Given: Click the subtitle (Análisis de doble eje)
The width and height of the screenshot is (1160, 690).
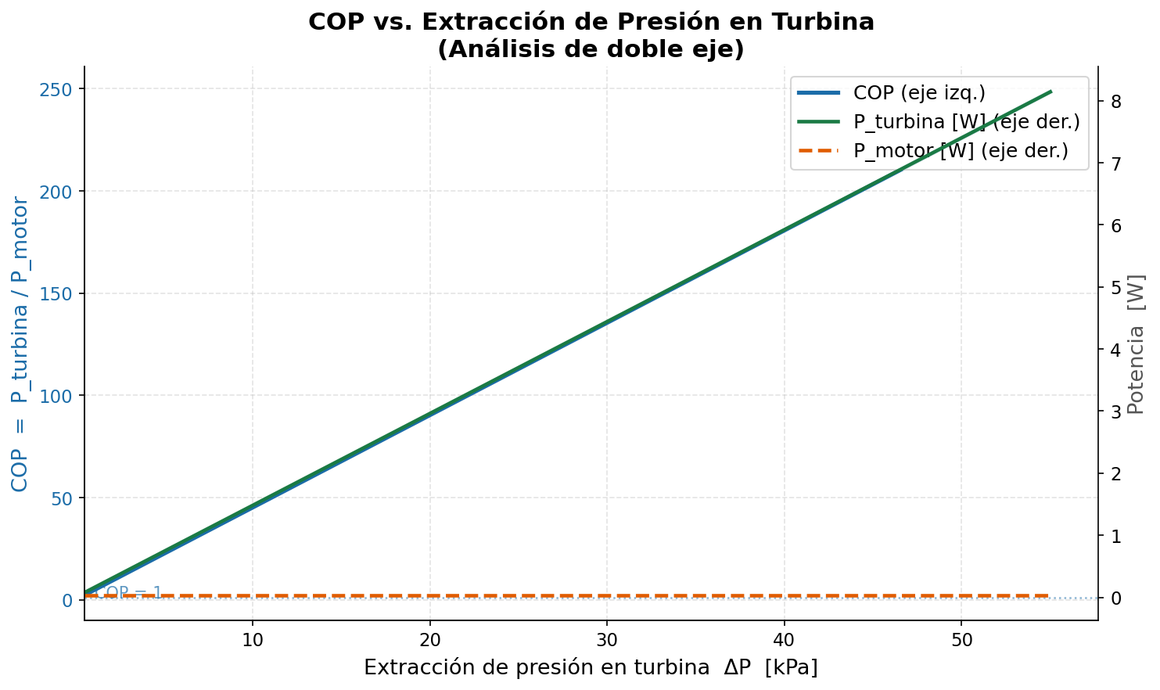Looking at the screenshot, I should point(591,49).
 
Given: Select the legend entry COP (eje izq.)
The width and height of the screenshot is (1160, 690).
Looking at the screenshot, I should point(918,93).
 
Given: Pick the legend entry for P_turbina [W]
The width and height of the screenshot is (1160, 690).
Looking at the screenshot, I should point(966,122).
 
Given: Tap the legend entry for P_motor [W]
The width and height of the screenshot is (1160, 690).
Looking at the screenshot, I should point(960,151).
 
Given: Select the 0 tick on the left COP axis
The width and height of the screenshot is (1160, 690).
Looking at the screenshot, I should point(67,600).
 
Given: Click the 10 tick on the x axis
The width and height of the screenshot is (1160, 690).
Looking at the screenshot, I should point(252,639).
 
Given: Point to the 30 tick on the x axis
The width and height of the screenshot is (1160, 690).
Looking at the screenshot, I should point(606,639).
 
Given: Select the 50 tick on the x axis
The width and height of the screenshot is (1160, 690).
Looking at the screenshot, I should point(961,639).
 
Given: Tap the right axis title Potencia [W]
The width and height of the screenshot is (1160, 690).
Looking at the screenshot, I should point(1137,344).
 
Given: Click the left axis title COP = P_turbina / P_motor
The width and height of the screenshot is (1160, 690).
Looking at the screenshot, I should point(20,344).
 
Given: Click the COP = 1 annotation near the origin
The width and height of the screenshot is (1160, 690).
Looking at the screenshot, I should point(129,593).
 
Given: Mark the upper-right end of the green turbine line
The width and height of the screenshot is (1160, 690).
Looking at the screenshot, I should point(1050,92).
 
